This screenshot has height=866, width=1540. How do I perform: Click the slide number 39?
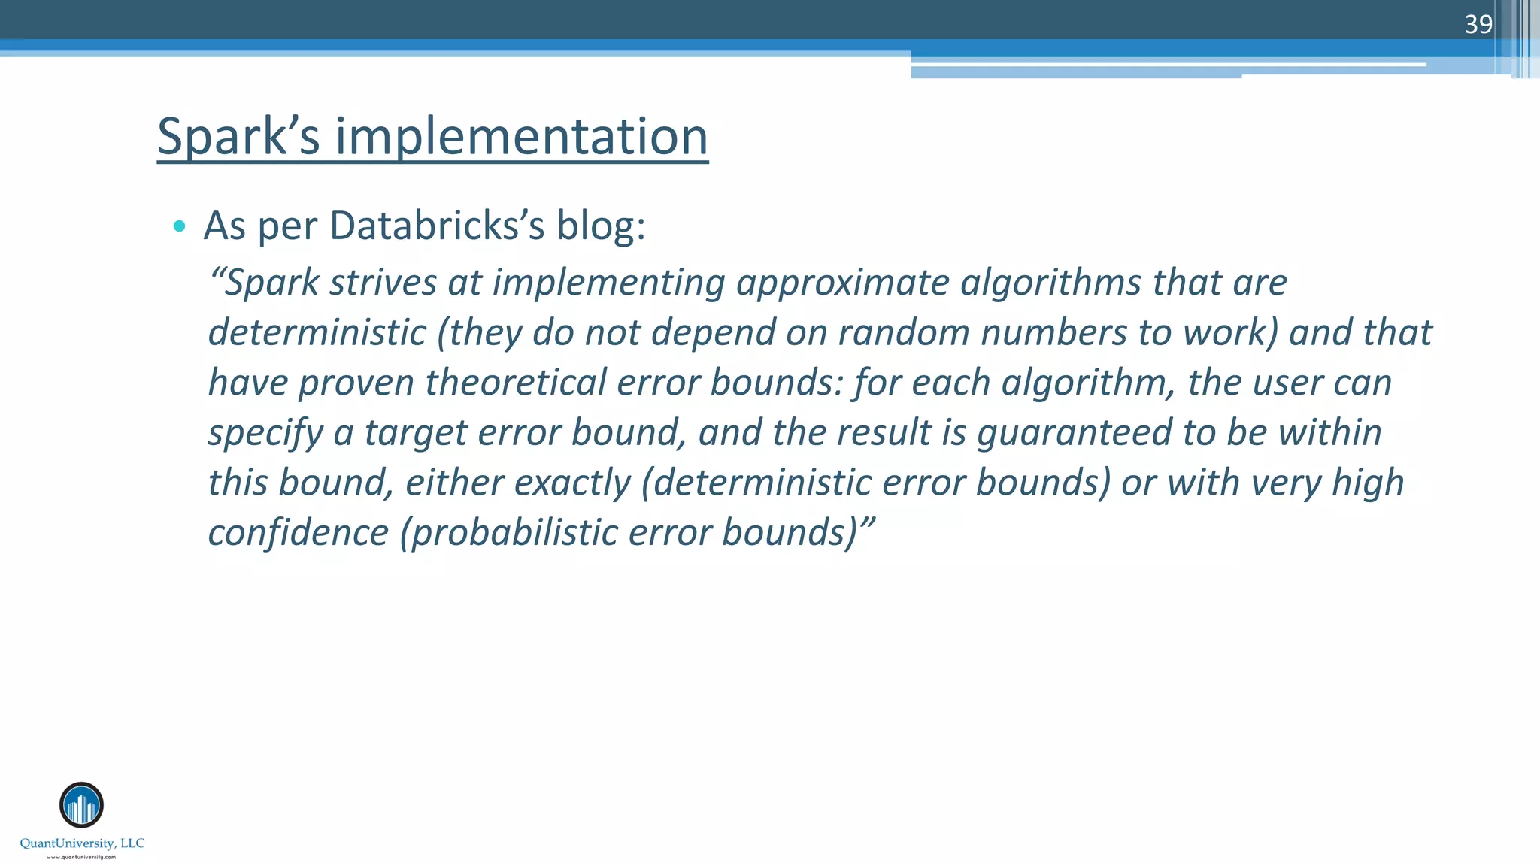(x=1478, y=25)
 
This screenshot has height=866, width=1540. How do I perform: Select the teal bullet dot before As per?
(x=179, y=226)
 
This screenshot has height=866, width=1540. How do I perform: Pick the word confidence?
(x=298, y=532)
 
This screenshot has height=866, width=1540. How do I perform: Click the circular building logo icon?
(x=81, y=805)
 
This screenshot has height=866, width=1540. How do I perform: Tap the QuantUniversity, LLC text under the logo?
(x=82, y=843)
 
